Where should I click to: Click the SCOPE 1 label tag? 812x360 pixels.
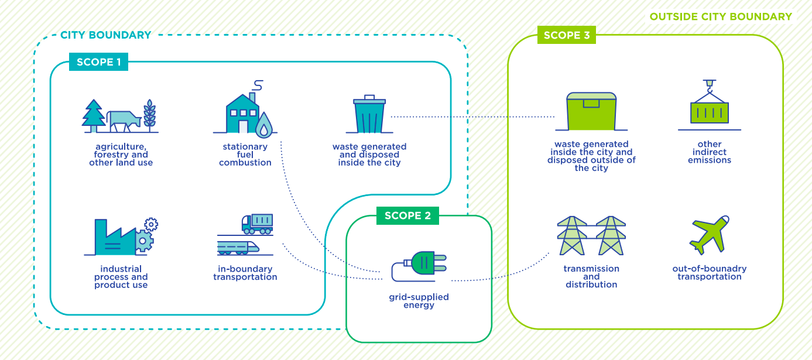pyautogui.click(x=98, y=62)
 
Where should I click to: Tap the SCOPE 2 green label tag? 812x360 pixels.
pyautogui.click(x=407, y=215)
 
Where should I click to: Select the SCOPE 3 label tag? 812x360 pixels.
pyautogui.click(x=566, y=35)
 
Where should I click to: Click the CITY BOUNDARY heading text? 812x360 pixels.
pyautogui.click(x=105, y=35)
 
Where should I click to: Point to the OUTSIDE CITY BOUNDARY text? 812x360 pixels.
pyautogui.click(x=720, y=16)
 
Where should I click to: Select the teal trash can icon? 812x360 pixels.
pyautogui.click(x=369, y=115)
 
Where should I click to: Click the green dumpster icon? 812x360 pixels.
pyautogui.click(x=591, y=111)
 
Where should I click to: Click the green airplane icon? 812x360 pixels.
pyautogui.click(x=709, y=234)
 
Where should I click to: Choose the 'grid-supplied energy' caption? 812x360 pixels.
pyautogui.click(x=419, y=301)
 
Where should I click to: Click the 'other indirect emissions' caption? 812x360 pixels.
pyautogui.click(x=710, y=152)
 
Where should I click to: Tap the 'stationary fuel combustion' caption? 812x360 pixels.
pyautogui.click(x=245, y=155)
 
